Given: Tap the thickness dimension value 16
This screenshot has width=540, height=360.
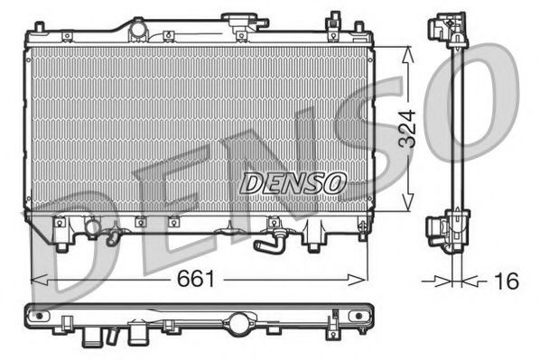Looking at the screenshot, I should [x=507, y=282].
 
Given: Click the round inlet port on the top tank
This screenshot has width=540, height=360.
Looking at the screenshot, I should [x=137, y=31].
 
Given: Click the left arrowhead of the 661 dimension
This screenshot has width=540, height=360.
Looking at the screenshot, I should [x=36, y=281].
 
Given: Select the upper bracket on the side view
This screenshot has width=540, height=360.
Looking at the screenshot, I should [x=449, y=29].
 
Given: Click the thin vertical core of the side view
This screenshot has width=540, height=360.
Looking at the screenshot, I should [x=455, y=126].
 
